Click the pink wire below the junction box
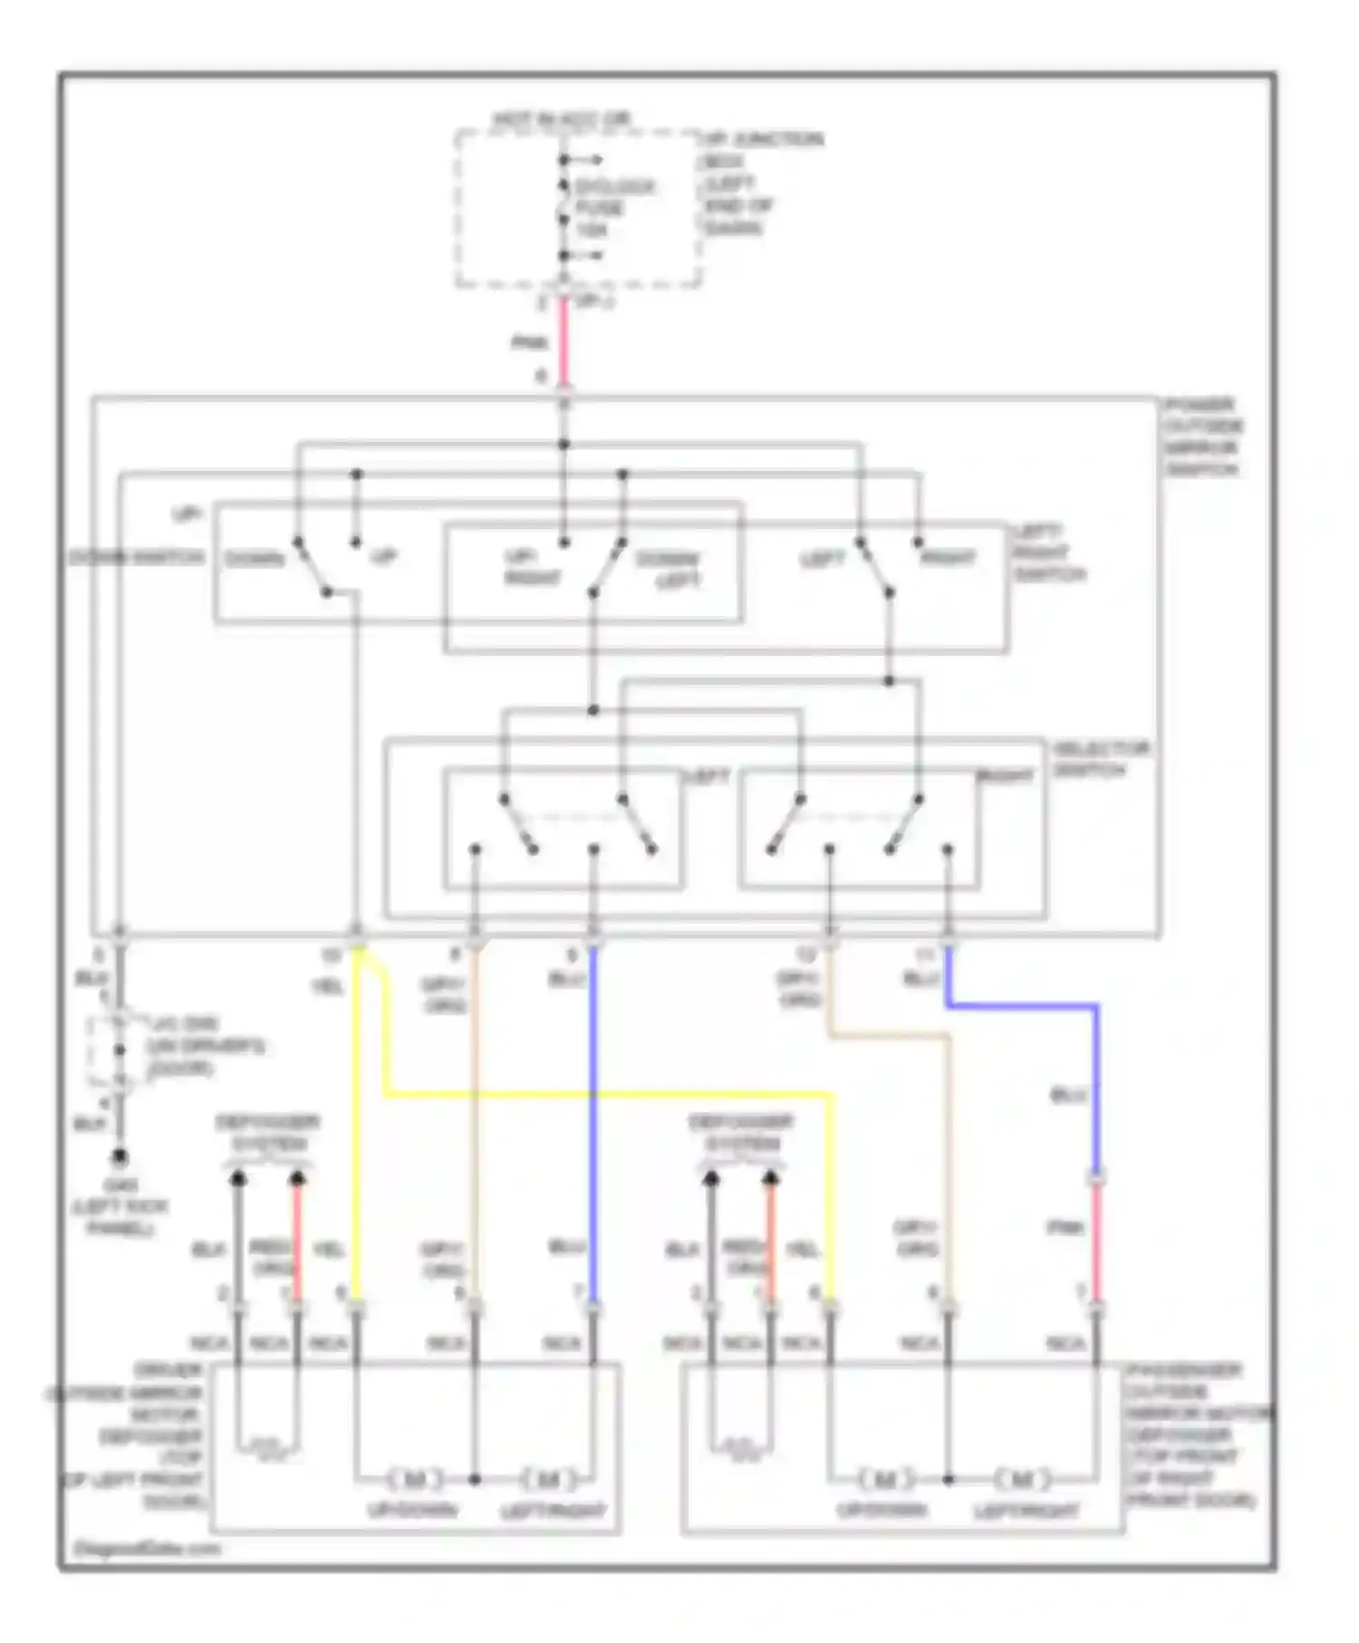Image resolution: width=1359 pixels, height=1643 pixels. [563, 342]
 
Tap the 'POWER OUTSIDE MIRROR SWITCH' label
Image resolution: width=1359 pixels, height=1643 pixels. [1203, 437]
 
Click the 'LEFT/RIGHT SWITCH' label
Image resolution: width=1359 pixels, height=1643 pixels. [1049, 552]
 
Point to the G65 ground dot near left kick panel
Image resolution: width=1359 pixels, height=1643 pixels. [119, 1158]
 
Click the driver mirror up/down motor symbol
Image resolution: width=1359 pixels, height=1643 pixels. [415, 1480]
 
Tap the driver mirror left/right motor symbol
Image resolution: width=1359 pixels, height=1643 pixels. [549, 1480]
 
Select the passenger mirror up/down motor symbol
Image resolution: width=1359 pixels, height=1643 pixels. [885, 1480]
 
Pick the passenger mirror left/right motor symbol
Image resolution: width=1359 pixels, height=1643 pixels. [1021, 1480]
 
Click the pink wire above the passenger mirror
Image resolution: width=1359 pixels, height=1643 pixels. [1095, 1241]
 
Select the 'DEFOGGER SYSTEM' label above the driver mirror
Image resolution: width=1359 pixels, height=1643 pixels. [268, 1132]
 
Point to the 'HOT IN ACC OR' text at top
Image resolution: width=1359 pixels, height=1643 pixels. [562, 119]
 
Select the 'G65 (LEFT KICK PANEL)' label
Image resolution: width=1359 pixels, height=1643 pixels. [120, 1206]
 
